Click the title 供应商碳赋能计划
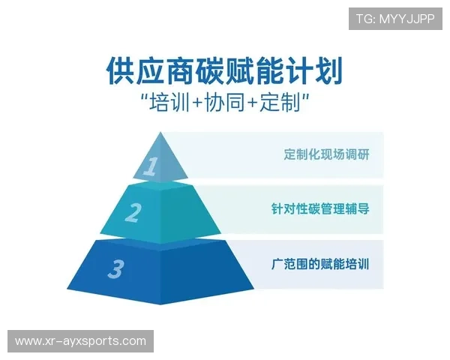click(224, 73)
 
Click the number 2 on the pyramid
click(133, 213)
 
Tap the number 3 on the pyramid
click(115, 268)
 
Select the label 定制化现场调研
click(326, 155)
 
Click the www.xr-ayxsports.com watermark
click(81, 341)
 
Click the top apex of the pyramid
click(160, 133)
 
